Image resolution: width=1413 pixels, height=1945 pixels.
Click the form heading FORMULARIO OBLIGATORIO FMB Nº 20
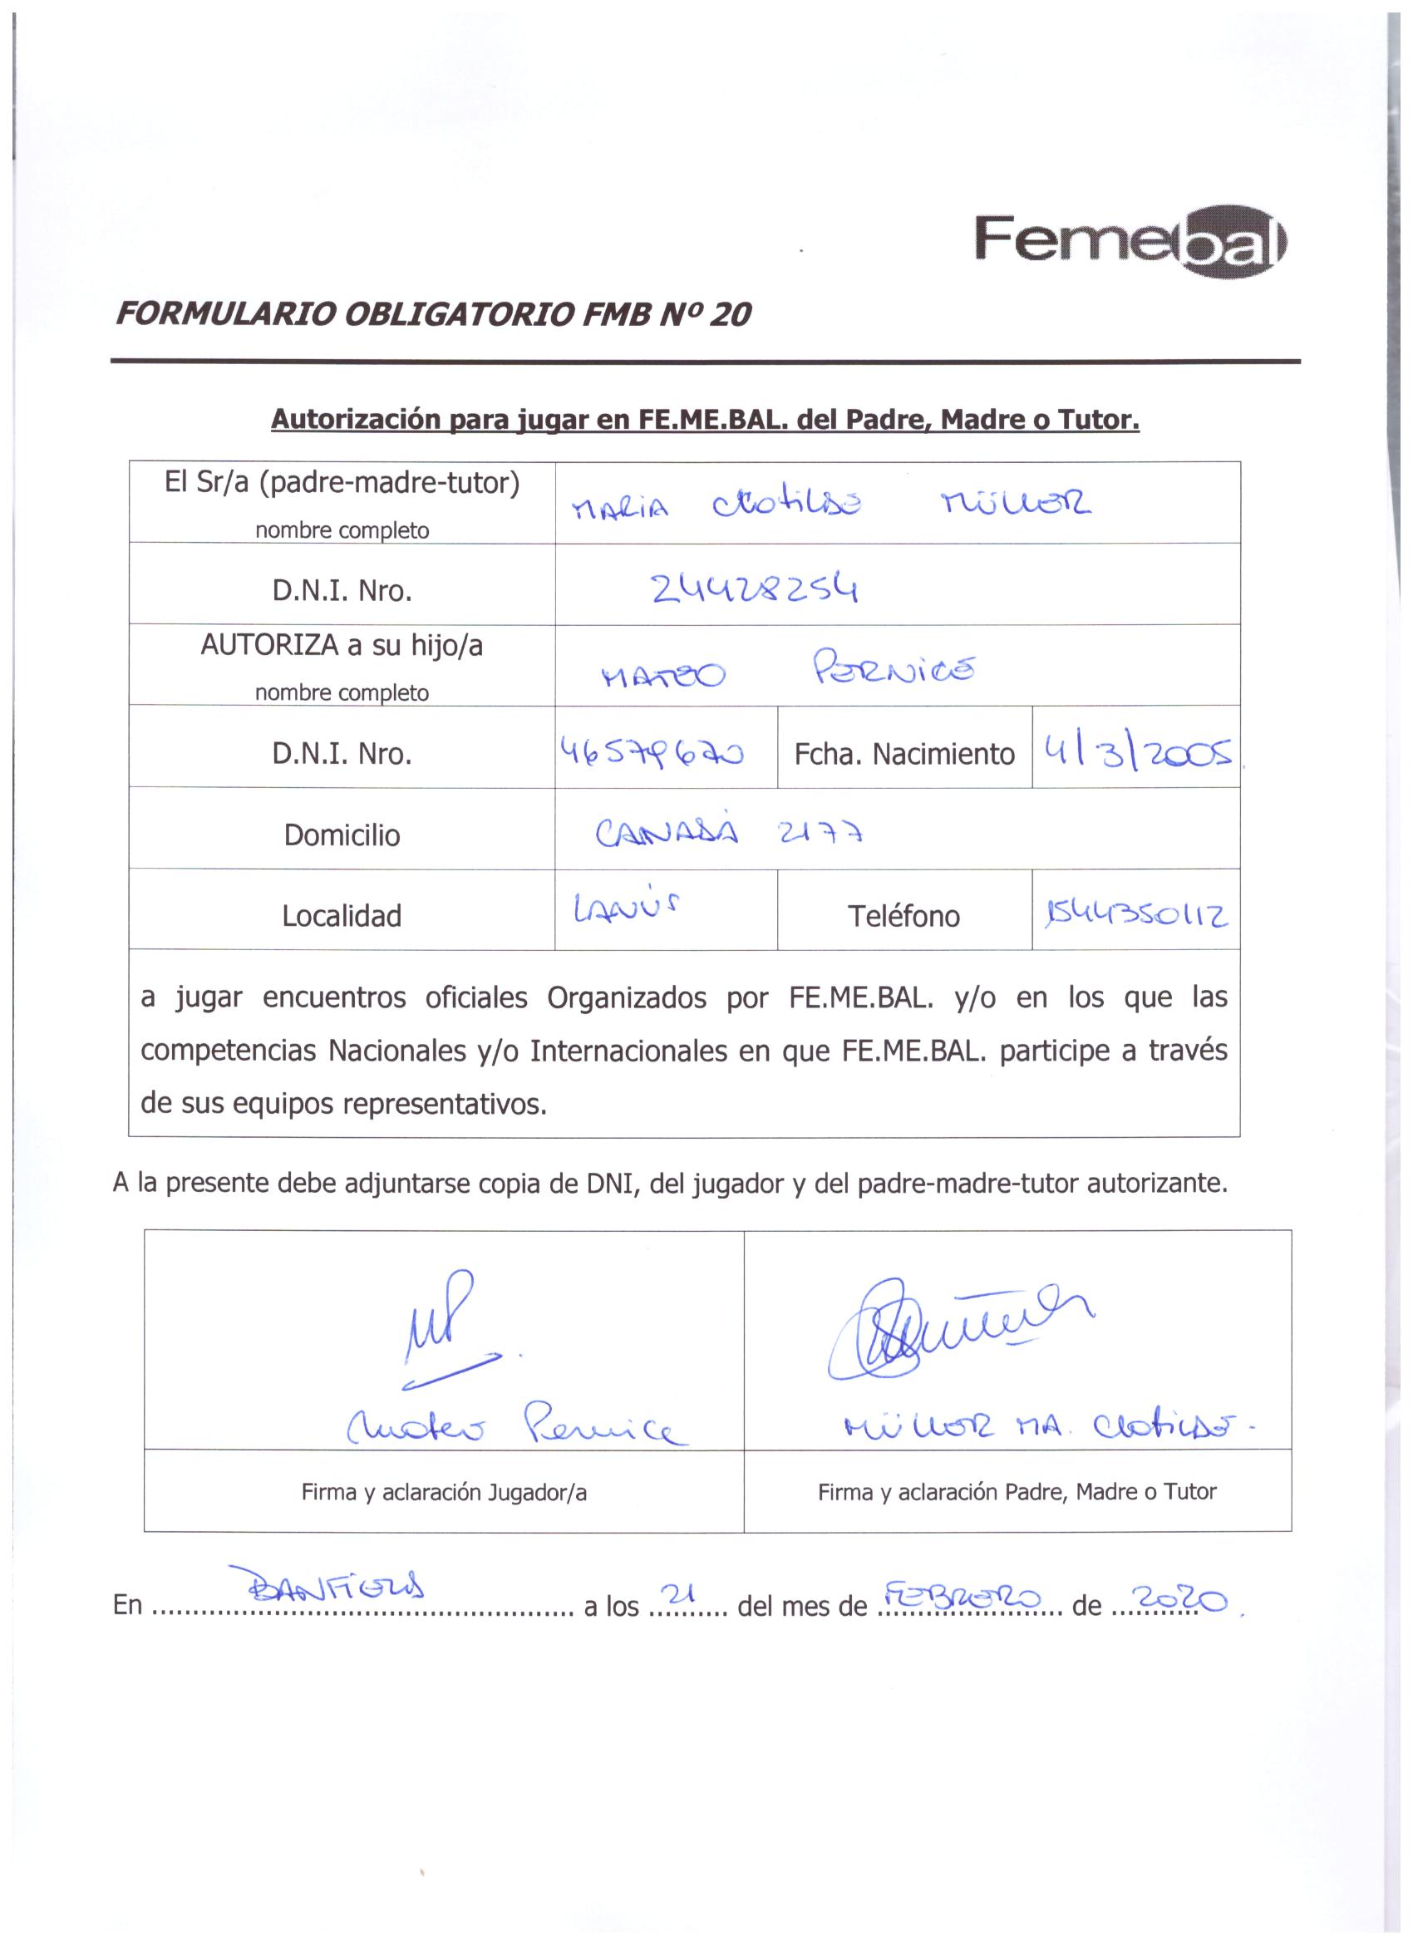pyautogui.click(x=433, y=316)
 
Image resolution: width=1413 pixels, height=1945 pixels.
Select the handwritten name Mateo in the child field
pyautogui.click(x=663, y=676)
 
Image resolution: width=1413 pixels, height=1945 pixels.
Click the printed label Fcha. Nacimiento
pyautogui.click(x=903, y=755)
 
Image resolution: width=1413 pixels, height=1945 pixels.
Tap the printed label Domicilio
pyautogui.click(x=342, y=835)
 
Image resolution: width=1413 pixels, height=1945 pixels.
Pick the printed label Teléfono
pyautogui.click(x=903, y=916)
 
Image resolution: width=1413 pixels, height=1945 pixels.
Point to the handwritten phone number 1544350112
pyautogui.click(x=1136, y=915)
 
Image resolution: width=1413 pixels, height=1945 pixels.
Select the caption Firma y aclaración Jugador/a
pyautogui.click(x=443, y=1492)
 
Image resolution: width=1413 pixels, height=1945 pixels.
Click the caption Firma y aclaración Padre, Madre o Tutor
pyautogui.click(x=1017, y=1492)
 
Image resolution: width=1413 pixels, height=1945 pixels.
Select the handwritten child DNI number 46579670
pyautogui.click(x=652, y=752)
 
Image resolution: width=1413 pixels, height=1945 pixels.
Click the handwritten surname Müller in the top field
pyautogui.click(x=1016, y=506)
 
